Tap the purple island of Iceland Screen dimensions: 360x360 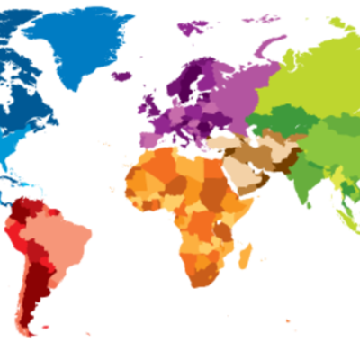(x=121, y=76)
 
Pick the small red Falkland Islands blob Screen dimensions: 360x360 (x=46, y=328)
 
